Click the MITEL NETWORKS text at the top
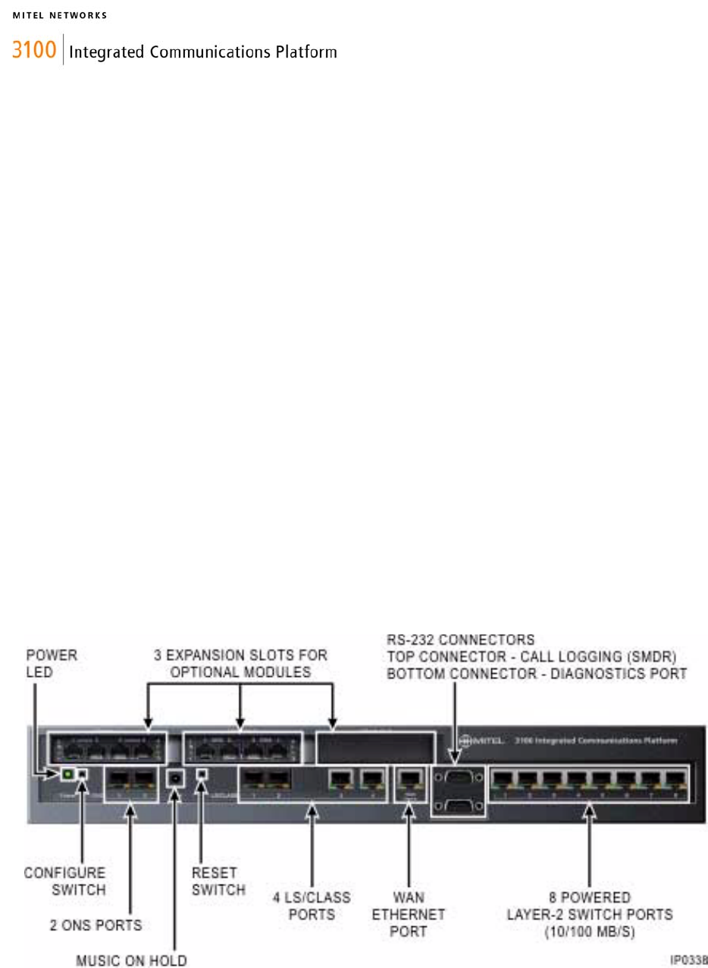click(x=59, y=14)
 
